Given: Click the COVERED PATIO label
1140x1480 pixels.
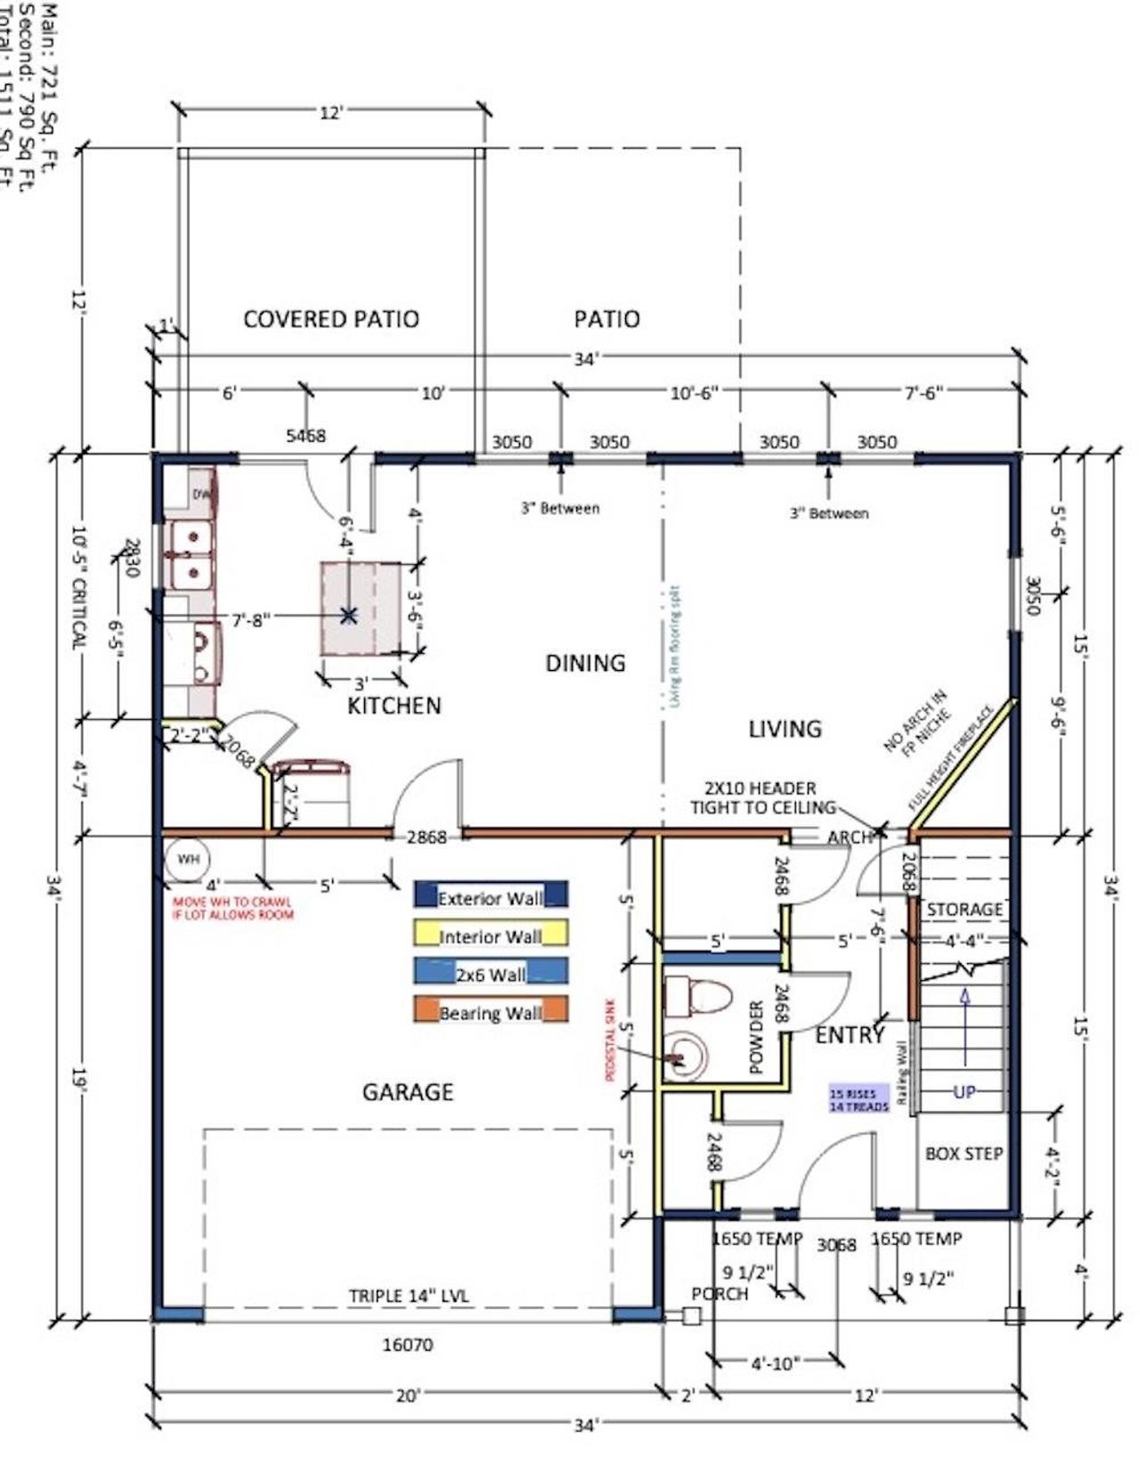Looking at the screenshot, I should [330, 319].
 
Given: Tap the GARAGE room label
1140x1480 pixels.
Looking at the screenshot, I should [407, 1092].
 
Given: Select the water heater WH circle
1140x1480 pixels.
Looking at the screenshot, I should [187, 860].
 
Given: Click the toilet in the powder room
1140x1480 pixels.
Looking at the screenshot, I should [697, 995].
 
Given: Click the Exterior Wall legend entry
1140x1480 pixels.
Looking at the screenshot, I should [490, 896].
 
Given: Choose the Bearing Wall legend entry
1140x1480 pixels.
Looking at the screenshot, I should [490, 1011].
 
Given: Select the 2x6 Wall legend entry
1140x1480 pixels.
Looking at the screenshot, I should [490, 973].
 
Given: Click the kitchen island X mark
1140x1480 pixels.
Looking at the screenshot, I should [348, 614].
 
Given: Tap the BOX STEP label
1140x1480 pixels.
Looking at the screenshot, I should [964, 1154].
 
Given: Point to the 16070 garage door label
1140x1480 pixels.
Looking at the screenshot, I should [407, 1345].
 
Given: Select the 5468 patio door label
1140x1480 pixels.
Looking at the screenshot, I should [305, 435].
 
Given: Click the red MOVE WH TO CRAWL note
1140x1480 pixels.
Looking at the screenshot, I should [232, 908].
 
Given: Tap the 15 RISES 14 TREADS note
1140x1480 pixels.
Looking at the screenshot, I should [859, 1100].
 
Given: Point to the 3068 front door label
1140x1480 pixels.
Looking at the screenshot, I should [835, 1245].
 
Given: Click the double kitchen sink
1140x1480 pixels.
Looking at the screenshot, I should [191, 554].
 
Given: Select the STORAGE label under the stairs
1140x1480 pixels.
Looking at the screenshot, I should [964, 910].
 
